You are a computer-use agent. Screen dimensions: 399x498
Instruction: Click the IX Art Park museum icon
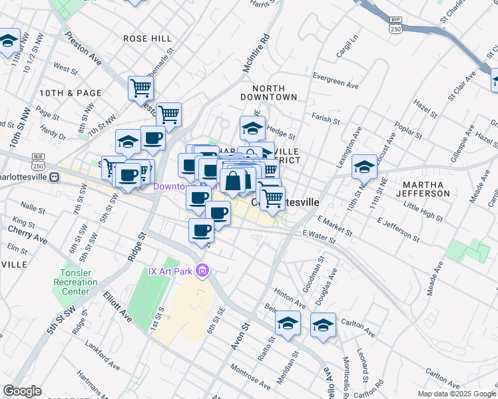204,271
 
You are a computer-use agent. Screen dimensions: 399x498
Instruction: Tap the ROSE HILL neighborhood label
148,39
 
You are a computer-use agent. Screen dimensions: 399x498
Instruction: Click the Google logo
22,392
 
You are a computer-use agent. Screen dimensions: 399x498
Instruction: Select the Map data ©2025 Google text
456,394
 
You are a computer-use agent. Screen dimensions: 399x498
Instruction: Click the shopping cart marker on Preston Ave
140,87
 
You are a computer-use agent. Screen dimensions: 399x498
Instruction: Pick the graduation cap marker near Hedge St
252,126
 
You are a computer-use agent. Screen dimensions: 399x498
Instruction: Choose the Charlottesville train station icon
55,178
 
